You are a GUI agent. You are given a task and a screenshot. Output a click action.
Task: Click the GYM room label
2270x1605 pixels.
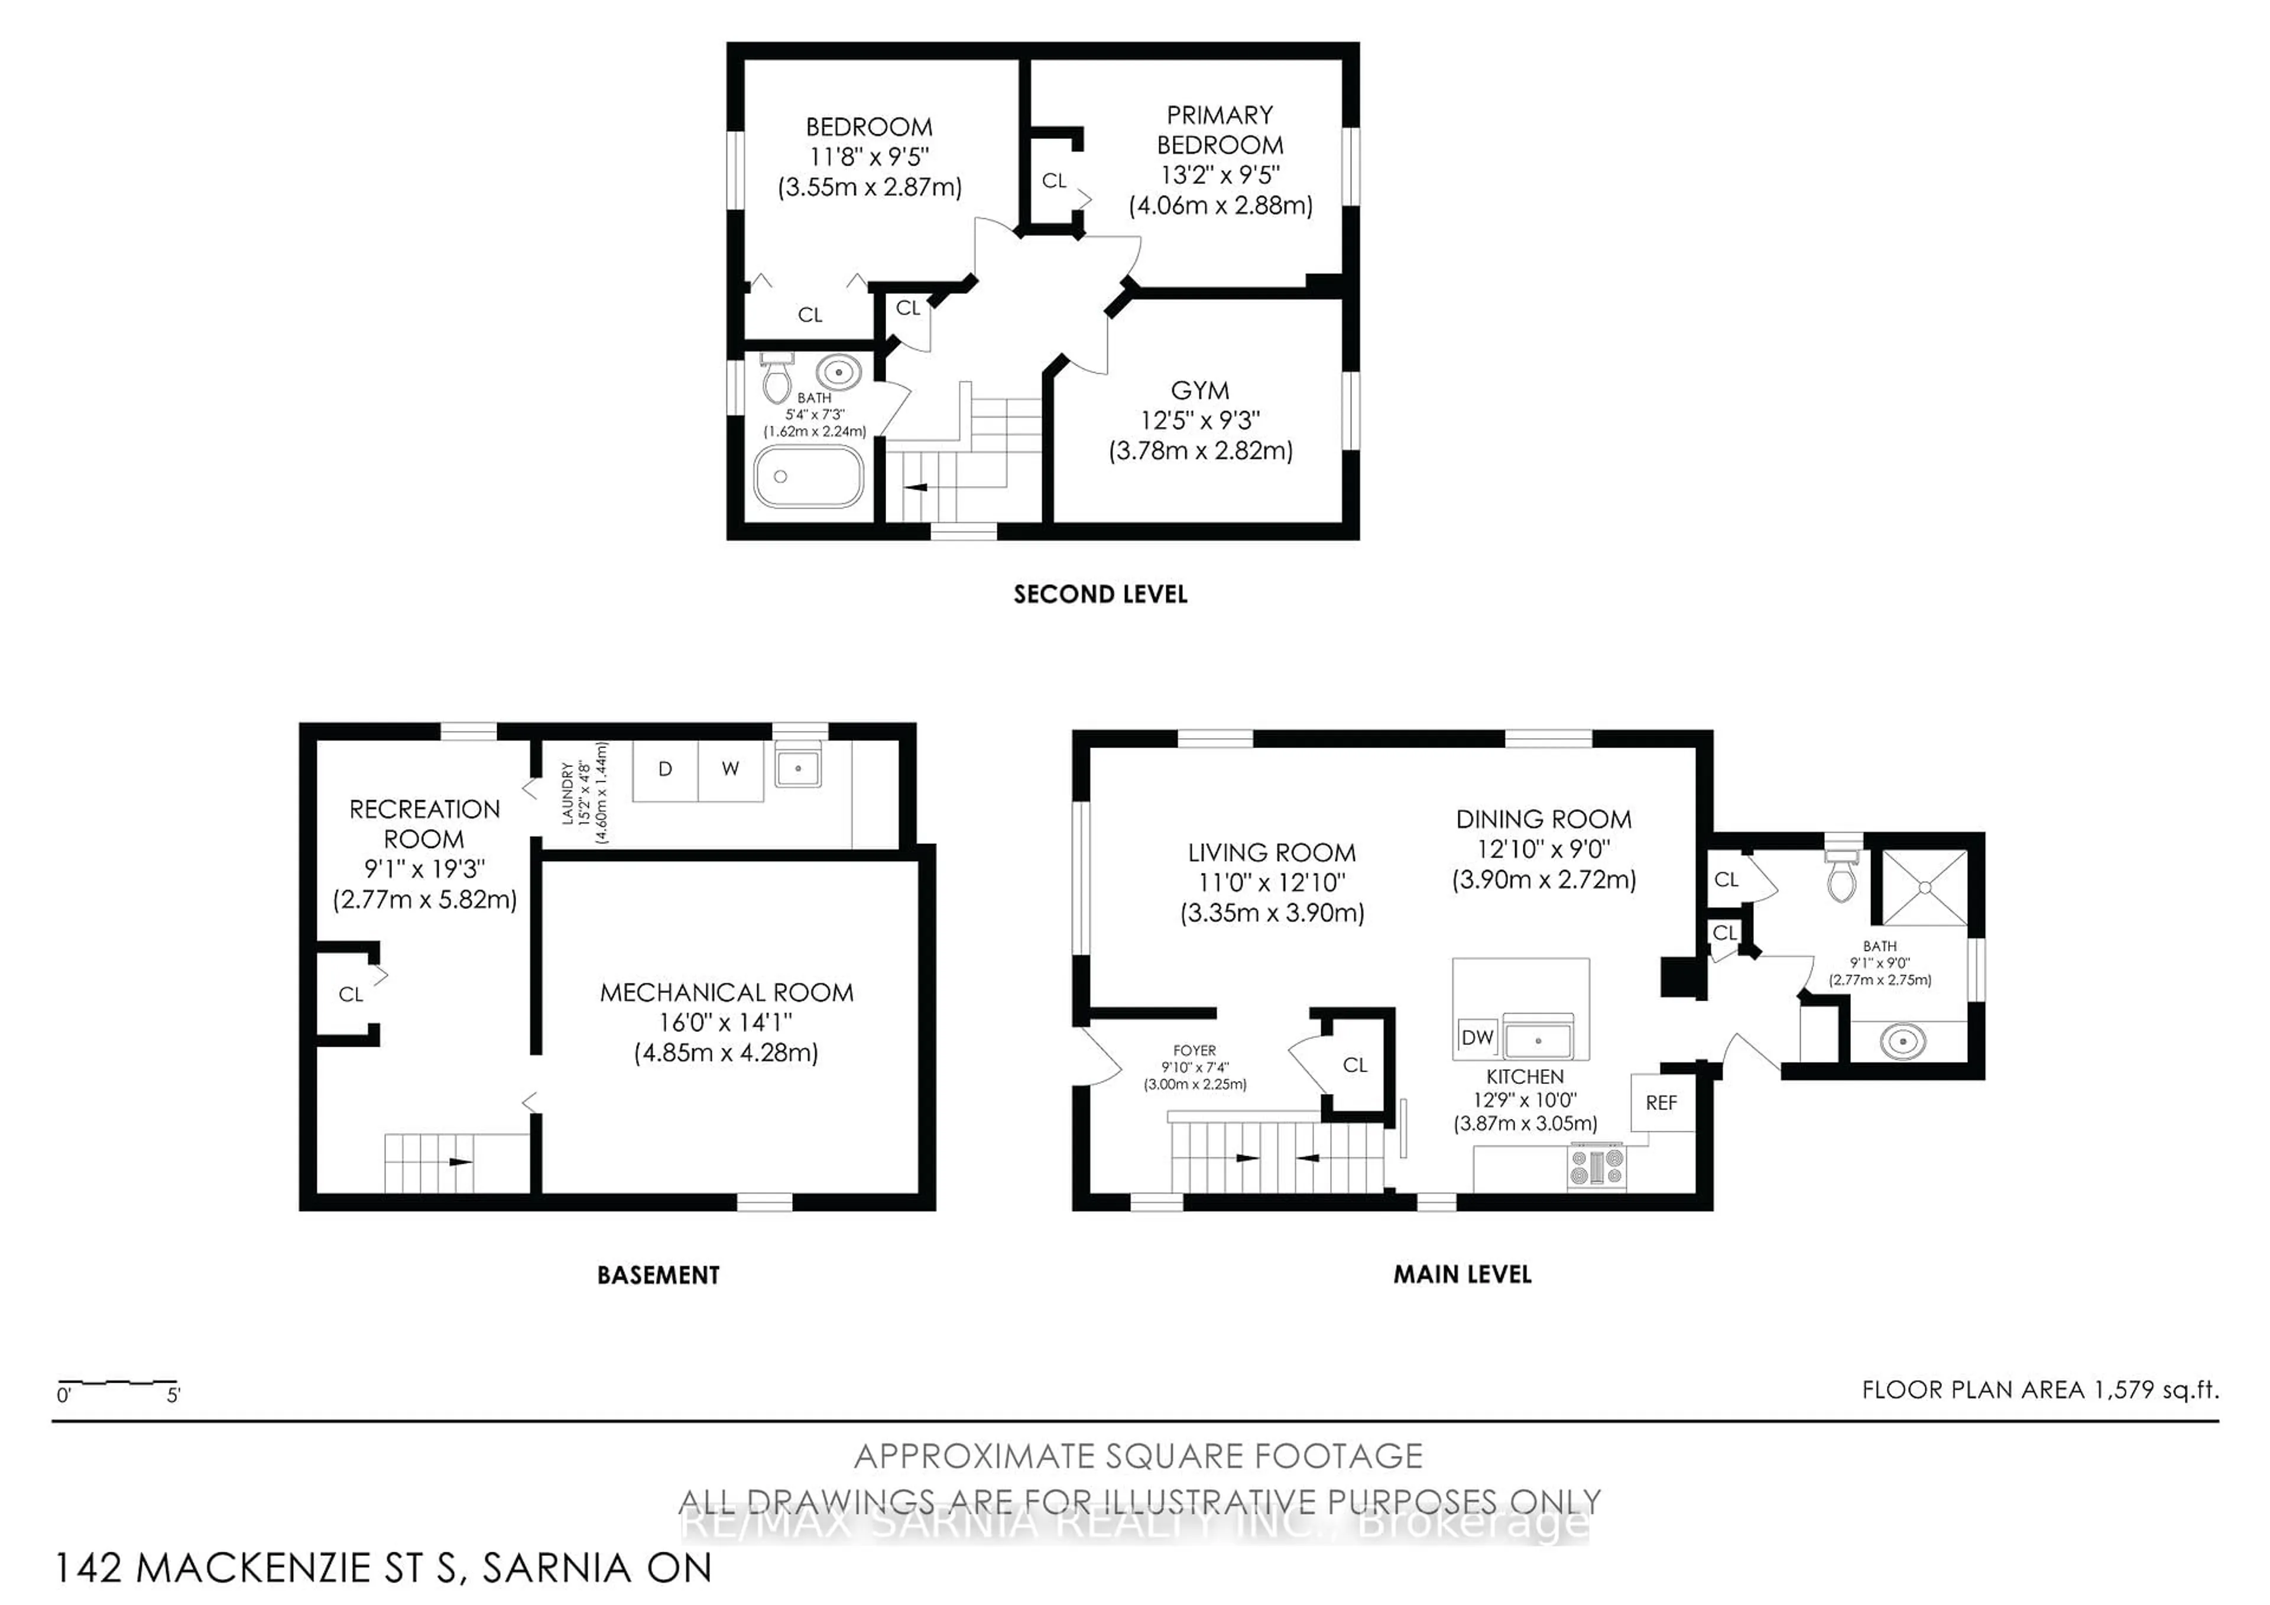1199,391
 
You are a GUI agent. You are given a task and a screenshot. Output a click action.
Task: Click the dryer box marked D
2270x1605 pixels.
666,769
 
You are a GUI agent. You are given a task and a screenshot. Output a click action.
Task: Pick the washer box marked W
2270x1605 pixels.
729,769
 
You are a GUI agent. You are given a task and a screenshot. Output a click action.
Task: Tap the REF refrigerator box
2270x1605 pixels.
1661,1103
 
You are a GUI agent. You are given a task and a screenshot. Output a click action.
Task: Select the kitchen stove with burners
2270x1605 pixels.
1596,1167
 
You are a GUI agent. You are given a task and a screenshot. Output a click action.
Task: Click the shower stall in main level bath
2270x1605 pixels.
1924,888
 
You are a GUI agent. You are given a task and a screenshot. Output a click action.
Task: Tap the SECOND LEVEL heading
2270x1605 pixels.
1100,594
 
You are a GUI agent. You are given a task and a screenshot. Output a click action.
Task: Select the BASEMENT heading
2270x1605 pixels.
657,1274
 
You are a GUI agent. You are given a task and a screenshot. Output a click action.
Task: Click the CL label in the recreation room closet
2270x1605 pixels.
351,995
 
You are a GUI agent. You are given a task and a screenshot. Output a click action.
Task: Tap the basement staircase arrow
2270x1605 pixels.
460,1162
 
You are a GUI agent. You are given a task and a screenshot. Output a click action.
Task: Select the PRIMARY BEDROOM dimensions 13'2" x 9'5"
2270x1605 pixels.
1220,175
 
